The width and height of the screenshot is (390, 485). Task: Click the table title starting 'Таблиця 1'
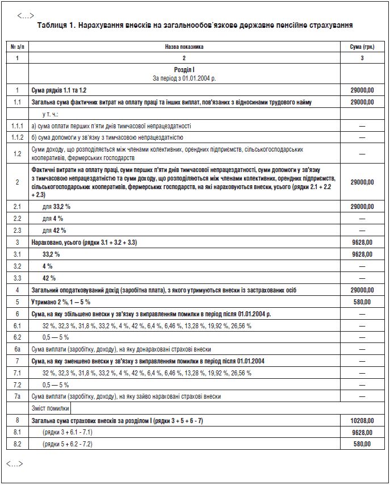click(x=195, y=26)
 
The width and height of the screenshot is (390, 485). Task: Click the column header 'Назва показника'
click(x=184, y=47)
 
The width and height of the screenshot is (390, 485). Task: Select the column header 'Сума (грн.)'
click(x=362, y=47)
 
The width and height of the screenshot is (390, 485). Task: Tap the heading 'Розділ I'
click(x=184, y=69)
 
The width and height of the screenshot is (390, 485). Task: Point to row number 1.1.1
click(x=18, y=126)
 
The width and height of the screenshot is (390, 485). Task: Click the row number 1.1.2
click(x=18, y=137)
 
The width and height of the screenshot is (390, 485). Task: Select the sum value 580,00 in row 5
click(x=362, y=302)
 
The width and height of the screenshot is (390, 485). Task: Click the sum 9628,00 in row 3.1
click(x=362, y=254)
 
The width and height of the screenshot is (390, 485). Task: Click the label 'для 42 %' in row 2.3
click(x=54, y=230)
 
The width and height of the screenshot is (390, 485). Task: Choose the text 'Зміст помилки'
click(x=50, y=408)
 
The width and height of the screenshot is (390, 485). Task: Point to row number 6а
click(x=18, y=349)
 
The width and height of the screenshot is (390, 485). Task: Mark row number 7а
click(x=18, y=396)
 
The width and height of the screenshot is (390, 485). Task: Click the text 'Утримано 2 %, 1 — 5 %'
click(x=61, y=302)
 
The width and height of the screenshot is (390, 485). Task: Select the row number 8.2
click(x=18, y=444)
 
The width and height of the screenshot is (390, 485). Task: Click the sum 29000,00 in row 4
click(x=362, y=290)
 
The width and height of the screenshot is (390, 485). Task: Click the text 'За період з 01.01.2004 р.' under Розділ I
click(x=184, y=77)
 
